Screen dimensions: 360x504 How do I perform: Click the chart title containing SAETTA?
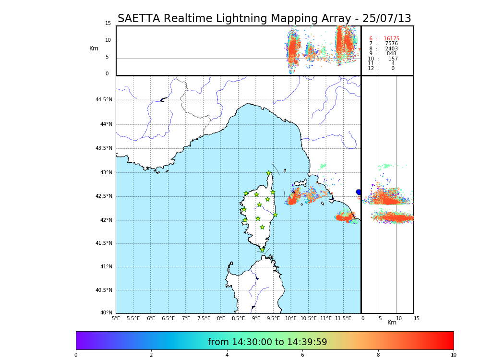point(264,19)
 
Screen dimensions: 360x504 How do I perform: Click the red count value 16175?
point(391,39)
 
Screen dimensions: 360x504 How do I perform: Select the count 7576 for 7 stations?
point(391,44)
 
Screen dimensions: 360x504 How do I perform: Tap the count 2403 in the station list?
point(391,49)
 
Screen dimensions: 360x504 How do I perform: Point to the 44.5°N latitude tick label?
point(104,100)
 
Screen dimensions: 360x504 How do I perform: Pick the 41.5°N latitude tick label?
point(104,243)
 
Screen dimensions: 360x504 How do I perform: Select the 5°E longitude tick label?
point(116,318)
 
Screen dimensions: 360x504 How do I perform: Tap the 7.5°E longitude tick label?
point(204,318)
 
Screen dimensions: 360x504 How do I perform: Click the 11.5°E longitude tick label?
point(343,318)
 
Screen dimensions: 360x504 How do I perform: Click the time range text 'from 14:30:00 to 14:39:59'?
point(267,342)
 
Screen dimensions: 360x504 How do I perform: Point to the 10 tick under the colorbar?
point(453,355)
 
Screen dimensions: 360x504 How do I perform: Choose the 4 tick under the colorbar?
point(227,355)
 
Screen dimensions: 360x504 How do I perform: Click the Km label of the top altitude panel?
point(94,48)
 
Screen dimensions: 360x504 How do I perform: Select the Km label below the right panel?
point(392,323)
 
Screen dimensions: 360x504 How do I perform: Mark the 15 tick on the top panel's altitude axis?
point(108,24)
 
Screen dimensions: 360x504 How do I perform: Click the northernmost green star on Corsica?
point(269,173)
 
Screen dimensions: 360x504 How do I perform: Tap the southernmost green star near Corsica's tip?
point(262,250)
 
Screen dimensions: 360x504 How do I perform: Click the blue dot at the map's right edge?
point(359,192)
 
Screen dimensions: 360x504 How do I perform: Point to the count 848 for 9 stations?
point(391,54)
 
